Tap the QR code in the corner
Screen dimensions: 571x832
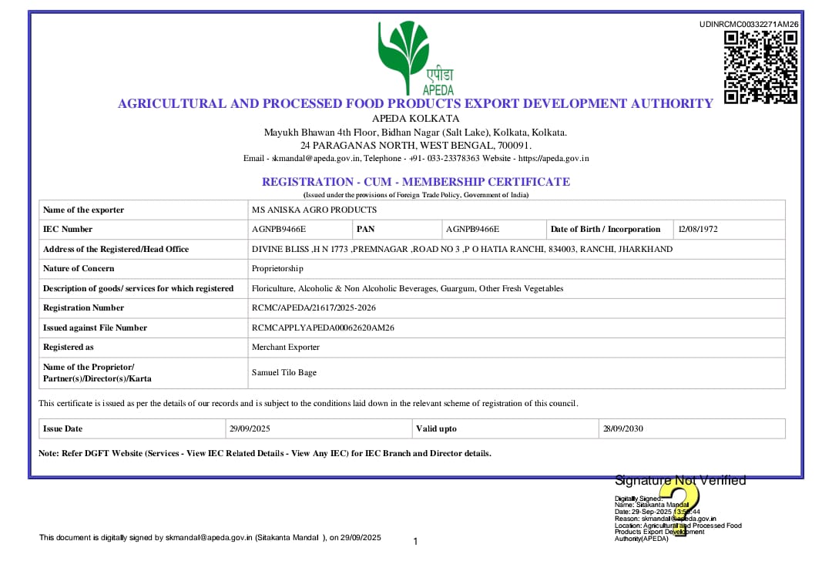pyautogui.click(x=760, y=67)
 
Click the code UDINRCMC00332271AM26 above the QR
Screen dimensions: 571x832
pyautogui.click(x=749, y=24)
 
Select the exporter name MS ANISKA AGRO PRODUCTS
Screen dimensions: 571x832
pyautogui.click(x=314, y=210)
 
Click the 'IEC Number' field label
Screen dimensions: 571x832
pyautogui.click(x=68, y=229)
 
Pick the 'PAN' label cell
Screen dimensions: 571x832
pyautogui.click(x=365, y=229)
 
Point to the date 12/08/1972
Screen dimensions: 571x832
pyautogui.click(x=698, y=229)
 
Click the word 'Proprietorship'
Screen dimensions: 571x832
pyautogui.click(x=277, y=268)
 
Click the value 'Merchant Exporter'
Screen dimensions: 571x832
pyautogui.click(x=286, y=347)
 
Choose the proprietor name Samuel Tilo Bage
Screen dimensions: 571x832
pyautogui.click(x=284, y=372)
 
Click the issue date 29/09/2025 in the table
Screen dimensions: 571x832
pyautogui.click(x=250, y=428)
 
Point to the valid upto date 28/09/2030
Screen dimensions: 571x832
pyautogui.click(x=623, y=428)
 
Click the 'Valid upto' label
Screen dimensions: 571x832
pyautogui.click(x=436, y=428)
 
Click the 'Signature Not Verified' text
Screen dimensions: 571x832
pyautogui.click(x=680, y=481)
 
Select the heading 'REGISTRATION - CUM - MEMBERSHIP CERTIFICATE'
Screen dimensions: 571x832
pyautogui.click(x=416, y=182)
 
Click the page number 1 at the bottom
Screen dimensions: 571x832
pyautogui.click(x=415, y=542)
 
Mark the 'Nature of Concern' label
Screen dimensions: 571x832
pyautogui.click(x=79, y=268)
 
